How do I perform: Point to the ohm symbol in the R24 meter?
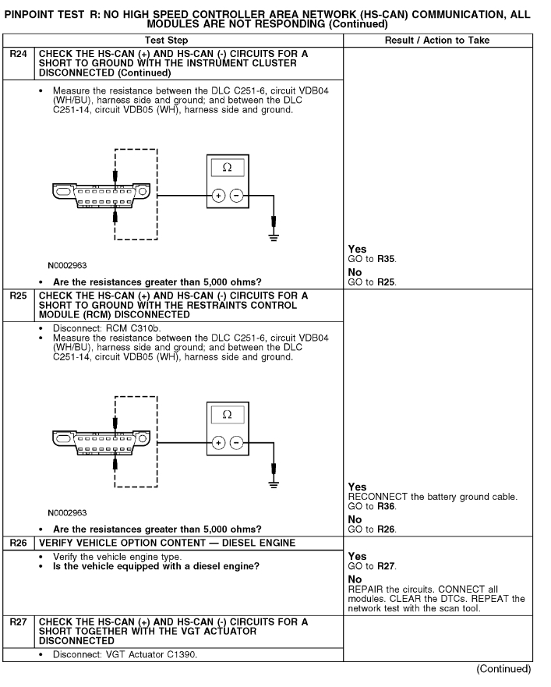click(228, 168)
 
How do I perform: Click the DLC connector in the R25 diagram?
click(97, 437)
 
